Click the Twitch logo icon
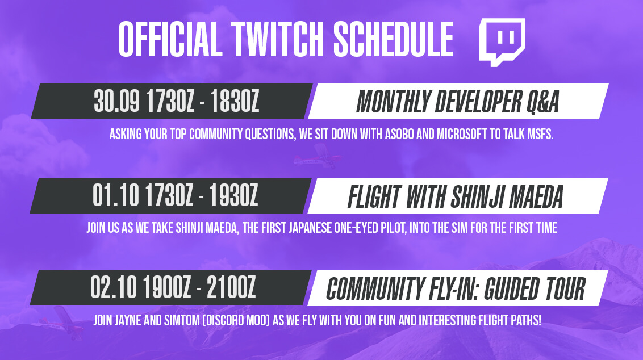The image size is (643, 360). point(502,42)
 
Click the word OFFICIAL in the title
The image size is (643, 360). point(170,39)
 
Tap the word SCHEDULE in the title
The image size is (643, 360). point(393,39)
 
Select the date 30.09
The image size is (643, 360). point(117,101)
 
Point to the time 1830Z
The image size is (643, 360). point(235,101)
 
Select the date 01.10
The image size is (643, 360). point(116,195)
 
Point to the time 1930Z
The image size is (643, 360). point(233,195)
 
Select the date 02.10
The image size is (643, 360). point(114,287)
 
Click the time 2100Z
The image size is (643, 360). point(231,287)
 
